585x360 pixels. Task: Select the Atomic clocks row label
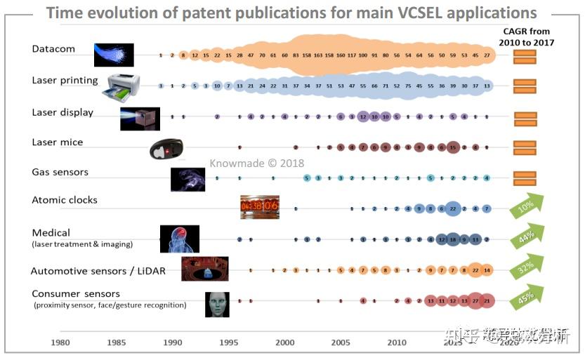pos(65,200)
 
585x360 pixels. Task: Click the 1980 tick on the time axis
pos(60,342)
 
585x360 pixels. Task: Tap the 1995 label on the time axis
pos(228,342)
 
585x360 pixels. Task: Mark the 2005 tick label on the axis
pos(341,342)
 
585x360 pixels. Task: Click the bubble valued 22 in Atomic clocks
pos(453,208)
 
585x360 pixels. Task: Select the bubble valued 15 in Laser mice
pos(453,147)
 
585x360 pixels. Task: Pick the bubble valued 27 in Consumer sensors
pos(475,300)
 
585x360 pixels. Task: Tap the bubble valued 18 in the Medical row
pos(453,239)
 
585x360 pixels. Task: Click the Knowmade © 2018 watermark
pos(256,163)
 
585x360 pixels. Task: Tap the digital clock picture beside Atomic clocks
pos(259,207)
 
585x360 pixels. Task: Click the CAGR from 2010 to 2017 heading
pos(526,36)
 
